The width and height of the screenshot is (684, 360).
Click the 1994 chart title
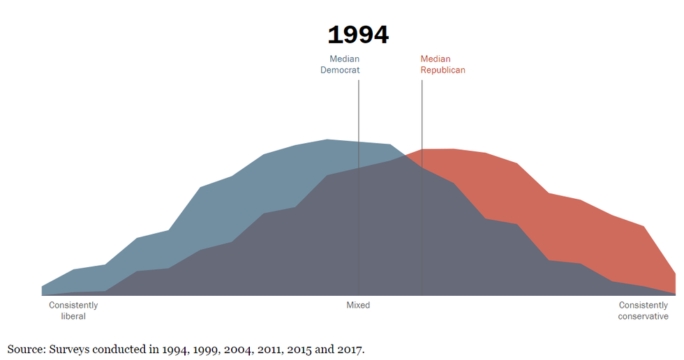(358, 35)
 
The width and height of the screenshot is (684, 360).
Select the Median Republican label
(443, 64)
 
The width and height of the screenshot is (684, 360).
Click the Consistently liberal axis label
(73, 310)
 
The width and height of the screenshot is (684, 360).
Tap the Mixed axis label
(358, 306)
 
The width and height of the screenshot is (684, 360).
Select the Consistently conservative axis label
(643, 310)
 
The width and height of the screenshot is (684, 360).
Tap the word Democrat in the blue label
(340, 70)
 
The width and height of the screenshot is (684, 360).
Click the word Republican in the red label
(443, 70)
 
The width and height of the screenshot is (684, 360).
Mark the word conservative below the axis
(643, 316)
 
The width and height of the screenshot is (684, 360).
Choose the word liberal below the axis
(73, 316)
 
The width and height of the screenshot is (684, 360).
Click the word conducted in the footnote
(119, 349)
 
